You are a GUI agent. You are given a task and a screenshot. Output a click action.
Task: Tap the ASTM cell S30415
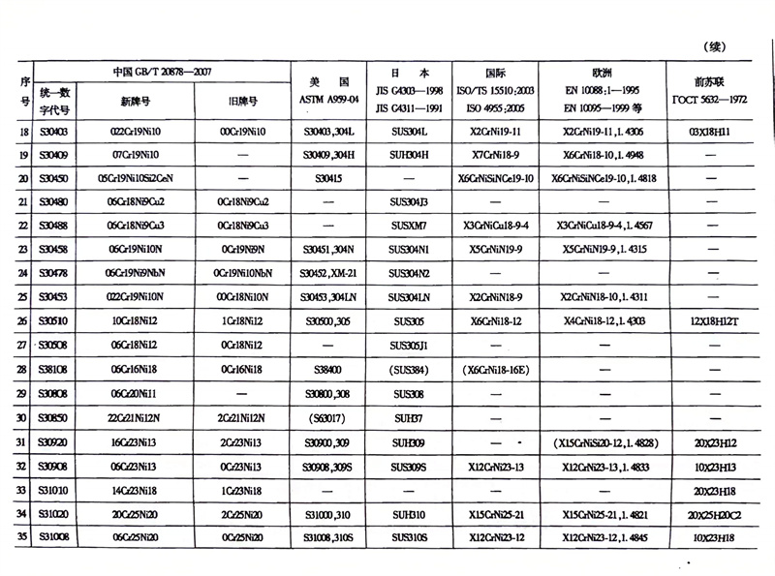(329, 179)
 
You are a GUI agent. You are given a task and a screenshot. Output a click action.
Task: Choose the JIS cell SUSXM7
(408, 227)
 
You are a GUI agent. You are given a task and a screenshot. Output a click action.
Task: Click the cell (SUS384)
(408, 370)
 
